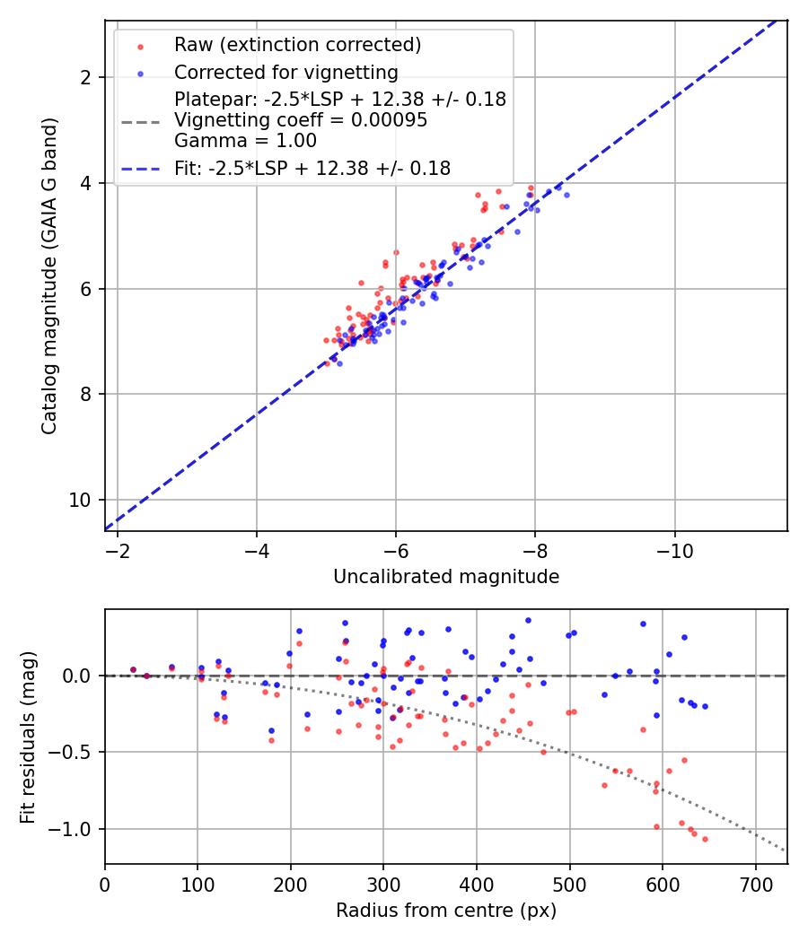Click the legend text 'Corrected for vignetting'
(286, 72)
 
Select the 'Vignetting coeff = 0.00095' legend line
(301, 120)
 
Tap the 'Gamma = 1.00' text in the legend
(245, 141)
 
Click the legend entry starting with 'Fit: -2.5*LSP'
(312, 168)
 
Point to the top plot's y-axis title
(50, 275)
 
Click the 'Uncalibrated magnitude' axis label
(446, 577)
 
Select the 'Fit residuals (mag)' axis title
(28, 737)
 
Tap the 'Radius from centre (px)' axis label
(446, 911)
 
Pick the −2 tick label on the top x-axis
(118, 550)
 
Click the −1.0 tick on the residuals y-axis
(73, 829)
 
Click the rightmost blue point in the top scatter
(566, 195)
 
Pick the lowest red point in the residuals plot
(705, 839)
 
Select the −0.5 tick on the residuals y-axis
(73, 752)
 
